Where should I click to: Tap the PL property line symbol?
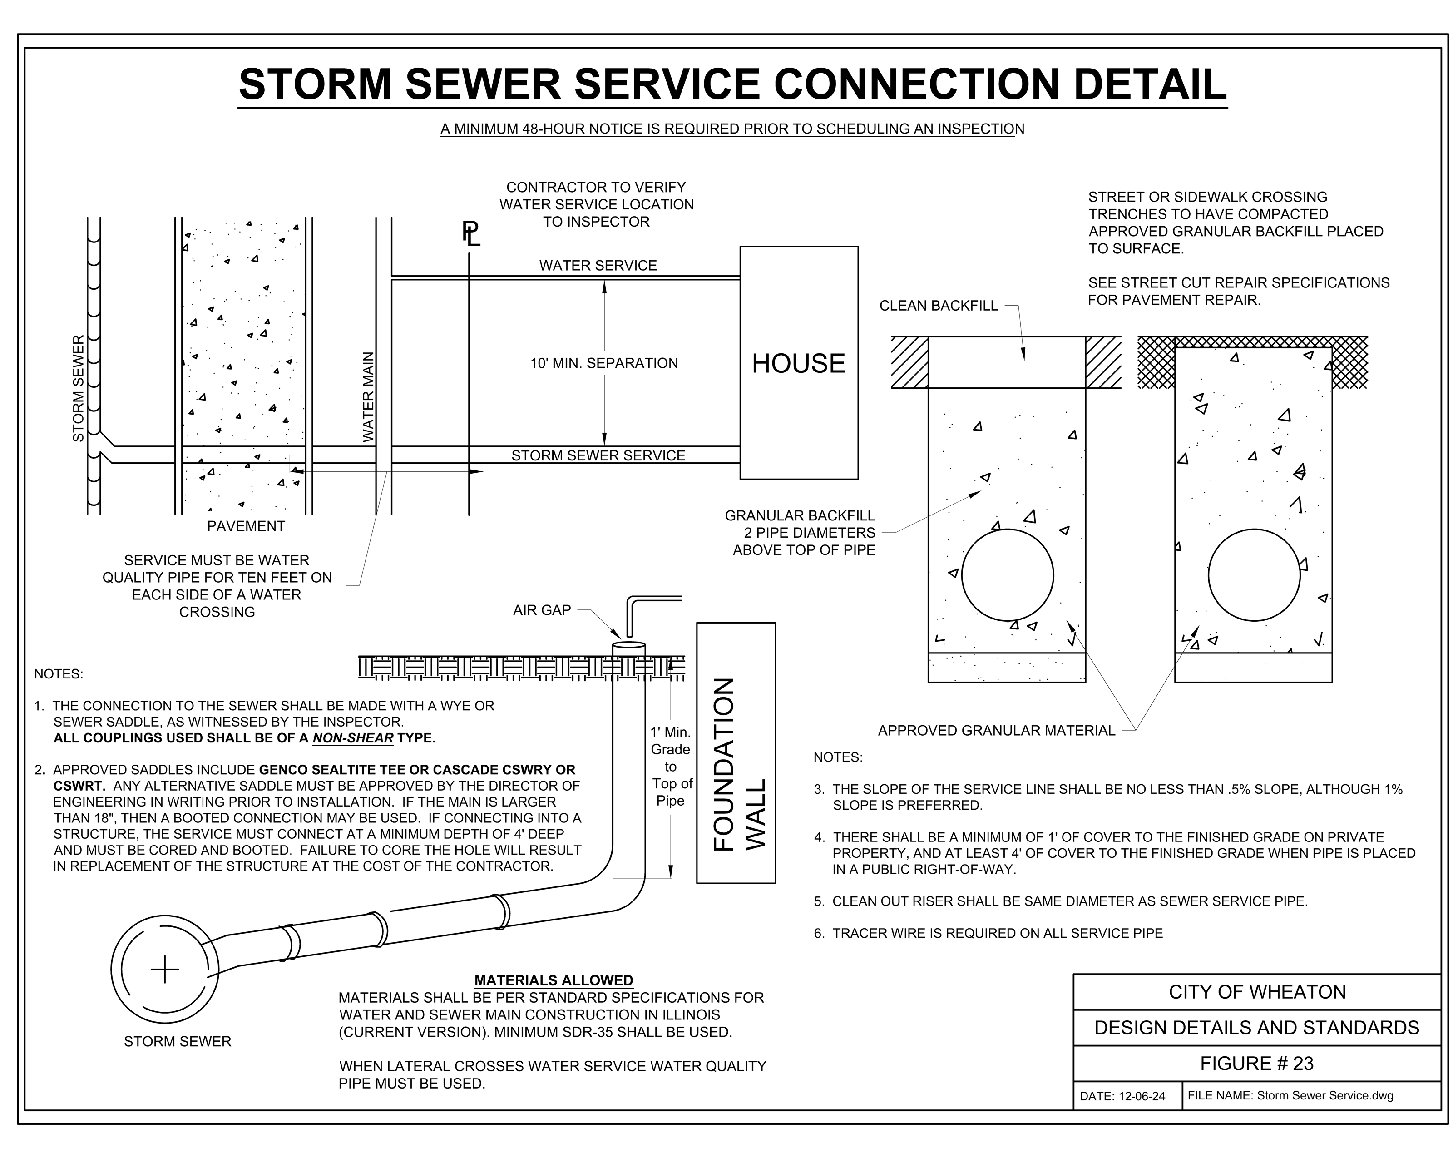tap(470, 234)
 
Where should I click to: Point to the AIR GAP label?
tap(542, 610)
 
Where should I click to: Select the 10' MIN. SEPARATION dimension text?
tap(604, 363)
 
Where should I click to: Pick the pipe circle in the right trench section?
tap(1254, 575)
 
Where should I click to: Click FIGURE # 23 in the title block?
tap(1257, 1063)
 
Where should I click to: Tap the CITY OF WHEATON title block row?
tap(1257, 991)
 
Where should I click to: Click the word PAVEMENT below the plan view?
tap(246, 526)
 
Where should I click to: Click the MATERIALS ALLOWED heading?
tap(554, 980)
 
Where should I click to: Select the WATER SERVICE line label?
tap(598, 266)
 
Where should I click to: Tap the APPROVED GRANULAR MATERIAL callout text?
tap(996, 731)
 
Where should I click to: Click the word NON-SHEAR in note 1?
tap(352, 738)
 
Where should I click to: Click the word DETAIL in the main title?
tap(1149, 84)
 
